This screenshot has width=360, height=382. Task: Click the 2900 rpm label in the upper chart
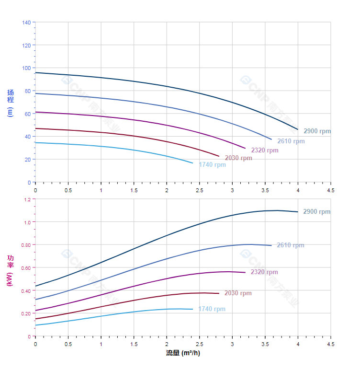tap(317, 131)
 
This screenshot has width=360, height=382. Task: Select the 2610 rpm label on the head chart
tap(291, 141)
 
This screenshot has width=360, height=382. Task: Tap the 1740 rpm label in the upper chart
tap(212, 165)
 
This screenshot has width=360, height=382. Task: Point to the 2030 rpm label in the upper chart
tap(238, 158)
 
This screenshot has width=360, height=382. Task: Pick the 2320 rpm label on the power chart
tap(264, 272)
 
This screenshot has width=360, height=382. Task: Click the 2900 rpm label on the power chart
tap(317, 212)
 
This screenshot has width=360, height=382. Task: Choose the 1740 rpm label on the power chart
tap(212, 309)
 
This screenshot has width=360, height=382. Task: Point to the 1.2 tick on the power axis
tap(27, 199)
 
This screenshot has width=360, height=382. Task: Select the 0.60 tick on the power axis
tap(25, 267)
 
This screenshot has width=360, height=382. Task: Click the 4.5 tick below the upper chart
tap(330, 190)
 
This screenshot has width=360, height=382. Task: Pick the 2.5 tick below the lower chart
tap(199, 344)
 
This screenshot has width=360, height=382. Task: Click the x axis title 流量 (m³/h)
tap(183, 353)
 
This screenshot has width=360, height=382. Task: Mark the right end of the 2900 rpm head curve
tap(298, 129)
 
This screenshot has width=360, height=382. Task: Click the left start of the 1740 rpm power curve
tap(35, 325)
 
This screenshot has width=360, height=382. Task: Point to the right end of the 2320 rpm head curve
tap(245, 149)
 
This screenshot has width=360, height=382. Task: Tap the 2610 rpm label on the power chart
tap(291, 245)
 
